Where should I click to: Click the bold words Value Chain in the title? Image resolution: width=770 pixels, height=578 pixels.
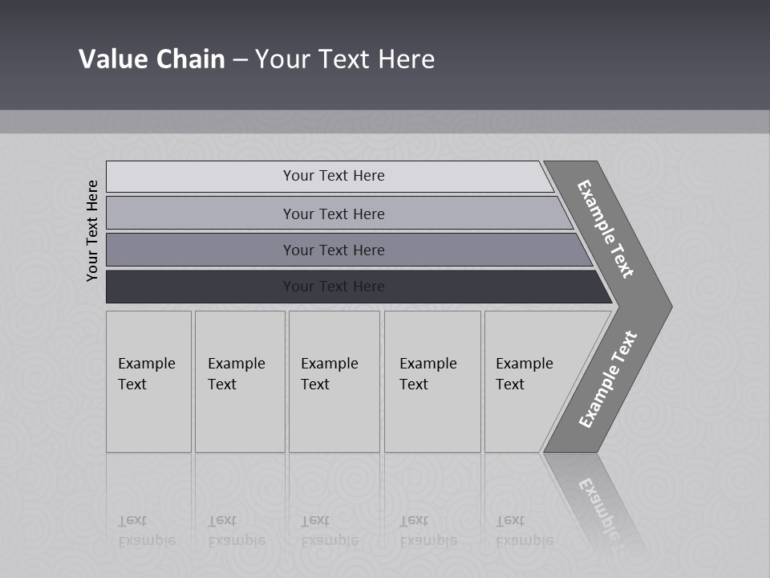tap(152, 59)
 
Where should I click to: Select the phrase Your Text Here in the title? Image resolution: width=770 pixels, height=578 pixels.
tap(345, 59)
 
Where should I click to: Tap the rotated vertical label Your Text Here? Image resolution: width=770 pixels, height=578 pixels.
tap(92, 230)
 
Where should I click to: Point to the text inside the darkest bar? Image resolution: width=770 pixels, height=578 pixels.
tap(334, 287)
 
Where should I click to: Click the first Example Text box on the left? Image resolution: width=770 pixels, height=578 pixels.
tap(148, 381)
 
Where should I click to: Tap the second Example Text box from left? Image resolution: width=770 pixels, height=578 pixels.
tap(240, 381)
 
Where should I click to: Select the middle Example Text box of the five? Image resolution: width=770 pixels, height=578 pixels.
tap(334, 381)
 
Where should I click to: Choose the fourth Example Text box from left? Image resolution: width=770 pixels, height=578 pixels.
tap(432, 381)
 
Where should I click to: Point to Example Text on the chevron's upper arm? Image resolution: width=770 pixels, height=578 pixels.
tap(606, 229)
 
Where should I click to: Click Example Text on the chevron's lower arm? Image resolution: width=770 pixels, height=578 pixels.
tap(607, 379)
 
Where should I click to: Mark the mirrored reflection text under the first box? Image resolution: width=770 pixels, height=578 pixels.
tap(146, 531)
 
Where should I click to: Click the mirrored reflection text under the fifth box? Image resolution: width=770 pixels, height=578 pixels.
tap(524, 531)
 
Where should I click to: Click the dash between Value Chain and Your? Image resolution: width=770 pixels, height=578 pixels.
tap(240, 60)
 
